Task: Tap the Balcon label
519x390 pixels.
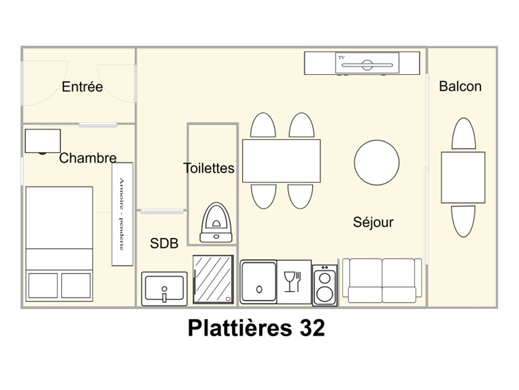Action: pyautogui.click(x=460, y=86)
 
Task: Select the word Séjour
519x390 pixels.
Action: pyautogui.click(x=373, y=222)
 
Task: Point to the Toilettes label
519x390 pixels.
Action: pyautogui.click(x=209, y=168)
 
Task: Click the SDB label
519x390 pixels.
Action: pyautogui.click(x=164, y=243)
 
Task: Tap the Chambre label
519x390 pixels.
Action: pyautogui.click(x=88, y=158)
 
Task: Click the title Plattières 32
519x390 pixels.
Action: pyautogui.click(x=256, y=328)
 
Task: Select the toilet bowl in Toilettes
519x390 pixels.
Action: pyautogui.click(x=216, y=222)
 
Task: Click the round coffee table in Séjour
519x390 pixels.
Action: pyautogui.click(x=377, y=162)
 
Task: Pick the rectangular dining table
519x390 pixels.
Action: pyautogui.click(x=282, y=161)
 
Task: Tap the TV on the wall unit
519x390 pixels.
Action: pyautogui.click(x=367, y=63)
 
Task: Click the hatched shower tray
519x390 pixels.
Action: pyautogui.click(x=213, y=279)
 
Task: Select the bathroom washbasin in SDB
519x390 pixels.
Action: pyautogui.click(x=164, y=289)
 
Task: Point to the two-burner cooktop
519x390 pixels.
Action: pyautogui.click(x=325, y=286)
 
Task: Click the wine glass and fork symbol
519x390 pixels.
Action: pyautogui.click(x=292, y=282)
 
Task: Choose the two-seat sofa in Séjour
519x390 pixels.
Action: pyautogui.click(x=382, y=281)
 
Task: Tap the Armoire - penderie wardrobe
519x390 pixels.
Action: pyautogui.click(x=122, y=214)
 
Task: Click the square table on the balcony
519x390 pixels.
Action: pyautogui.click(x=463, y=178)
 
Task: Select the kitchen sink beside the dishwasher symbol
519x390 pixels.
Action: pyautogui.click(x=258, y=282)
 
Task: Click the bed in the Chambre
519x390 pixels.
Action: pyautogui.click(x=59, y=244)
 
